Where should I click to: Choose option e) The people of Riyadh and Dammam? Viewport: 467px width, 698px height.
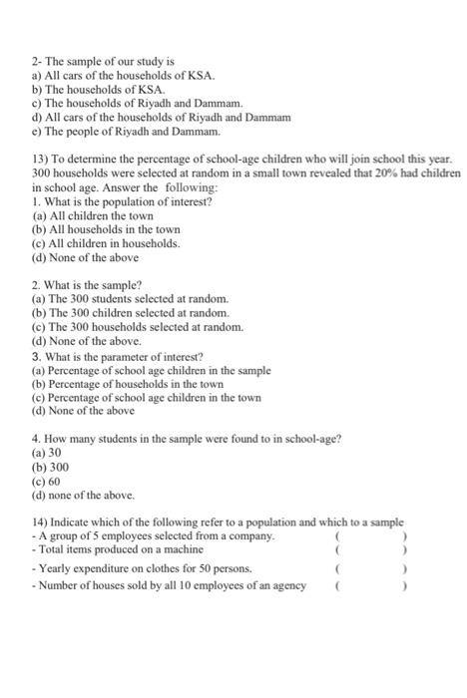(126, 131)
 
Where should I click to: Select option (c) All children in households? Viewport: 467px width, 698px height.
(105, 242)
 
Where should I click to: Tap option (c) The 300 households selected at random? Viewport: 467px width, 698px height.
(137, 326)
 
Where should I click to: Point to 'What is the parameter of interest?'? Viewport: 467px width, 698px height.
(117, 356)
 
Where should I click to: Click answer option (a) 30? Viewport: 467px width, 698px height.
(47, 452)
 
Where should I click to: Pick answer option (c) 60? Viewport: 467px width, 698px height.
(47, 480)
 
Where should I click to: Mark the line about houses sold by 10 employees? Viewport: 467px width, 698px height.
(169, 585)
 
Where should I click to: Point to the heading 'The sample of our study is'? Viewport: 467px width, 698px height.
(104, 61)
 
